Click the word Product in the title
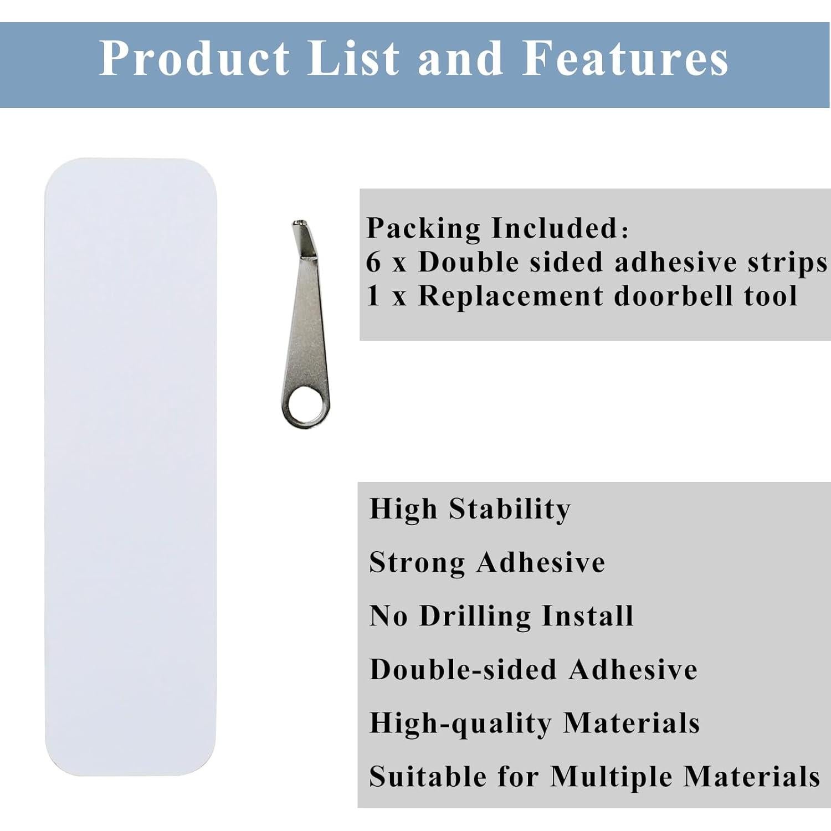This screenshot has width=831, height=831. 194,58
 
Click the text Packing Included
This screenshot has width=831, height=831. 497,229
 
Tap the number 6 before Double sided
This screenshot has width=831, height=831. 374,262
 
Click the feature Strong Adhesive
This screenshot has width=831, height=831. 488,562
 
